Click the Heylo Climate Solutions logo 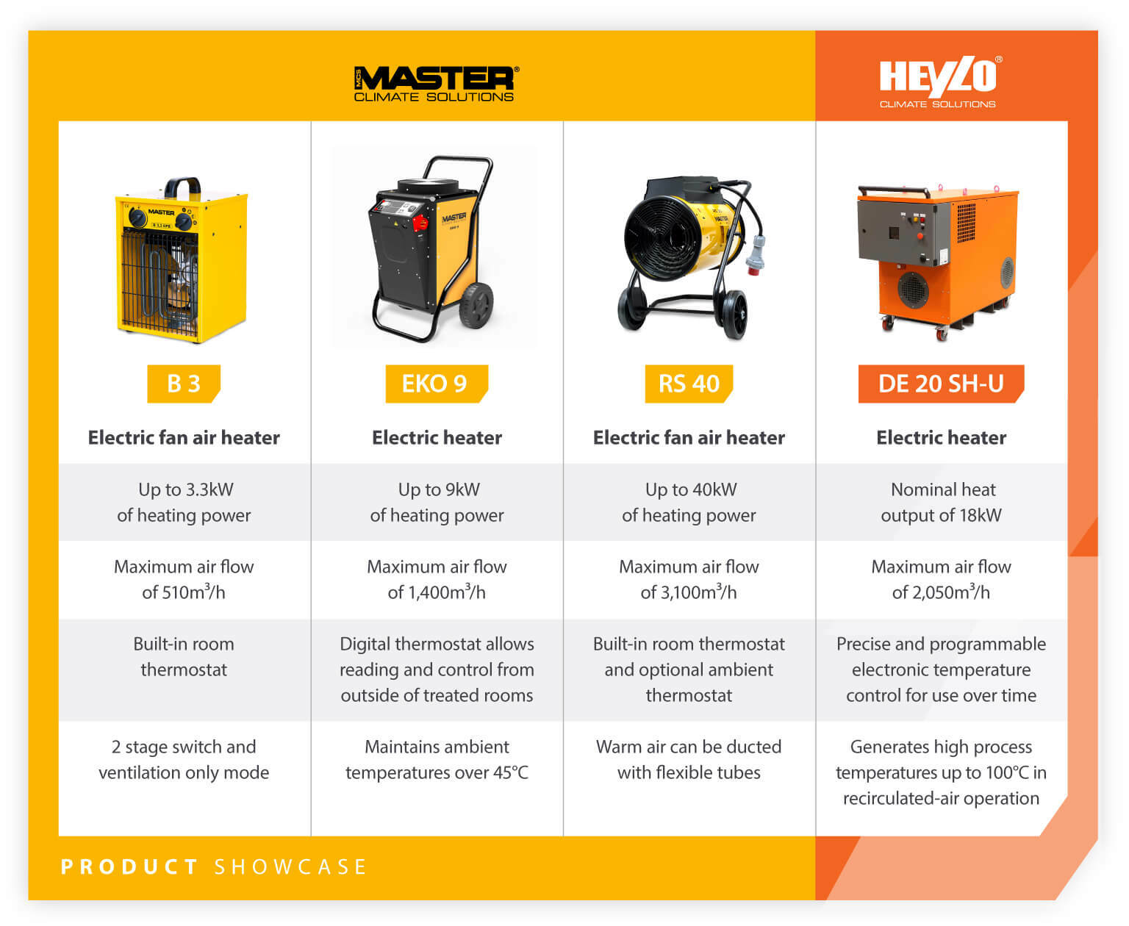pyautogui.click(x=939, y=82)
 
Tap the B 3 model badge pyautogui.click(x=184, y=384)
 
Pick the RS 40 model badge pyautogui.click(x=689, y=384)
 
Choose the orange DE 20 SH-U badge pyautogui.click(x=941, y=384)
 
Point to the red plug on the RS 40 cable pyautogui.click(x=756, y=255)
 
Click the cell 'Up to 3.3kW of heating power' pyautogui.click(x=184, y=503)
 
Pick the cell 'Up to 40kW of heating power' pyautogui.click(x=689, y=503)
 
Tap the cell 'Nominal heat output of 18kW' pyautogui.click(x=941, y=503)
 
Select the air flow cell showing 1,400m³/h pyautogui.click(x=437, y=580)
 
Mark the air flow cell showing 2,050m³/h pyautogui.click(x=941, y=580)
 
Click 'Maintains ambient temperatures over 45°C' pyautogui.click(x=437, y=760)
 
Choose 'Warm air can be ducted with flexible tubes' pyautogui.click(x=689, y=760)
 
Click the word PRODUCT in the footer pyautogui.click(x=129, y=867)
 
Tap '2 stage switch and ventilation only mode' pyautogui.click(x=184, y=760)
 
